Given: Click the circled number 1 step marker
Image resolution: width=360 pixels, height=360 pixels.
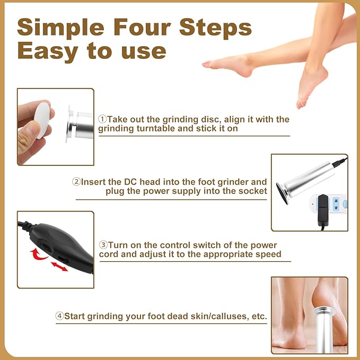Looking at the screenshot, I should [102, 119].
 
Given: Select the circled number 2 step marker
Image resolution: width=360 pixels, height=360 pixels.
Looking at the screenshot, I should [76, 181].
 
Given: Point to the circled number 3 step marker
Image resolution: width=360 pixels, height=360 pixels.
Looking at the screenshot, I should [103, 245].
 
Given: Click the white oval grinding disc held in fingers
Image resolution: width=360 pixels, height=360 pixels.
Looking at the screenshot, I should [43, 120].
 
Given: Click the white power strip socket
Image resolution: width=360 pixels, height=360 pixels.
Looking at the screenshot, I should [329, 204].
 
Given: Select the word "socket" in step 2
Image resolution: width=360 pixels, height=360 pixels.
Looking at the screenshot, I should [251, 191].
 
